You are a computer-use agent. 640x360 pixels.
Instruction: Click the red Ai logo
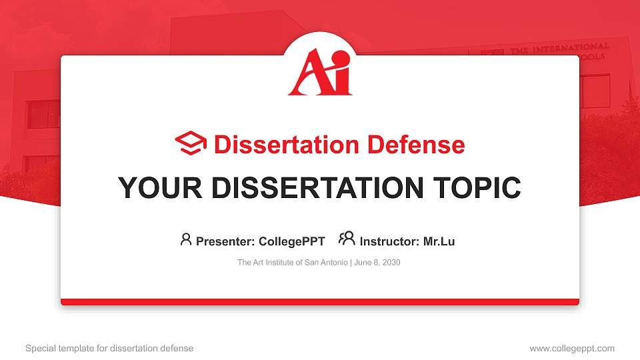click(x=320, y=72)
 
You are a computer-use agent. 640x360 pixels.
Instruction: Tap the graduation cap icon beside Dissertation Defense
click(x=191, y=143)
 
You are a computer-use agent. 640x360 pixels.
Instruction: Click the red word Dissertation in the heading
click(x=287, y=145)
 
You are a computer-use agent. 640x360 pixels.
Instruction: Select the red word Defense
click(x=416, y=145)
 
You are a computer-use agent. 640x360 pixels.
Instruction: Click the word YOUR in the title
click(x=160, y=188)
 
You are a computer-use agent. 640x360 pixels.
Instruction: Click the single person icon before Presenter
click(x=186, y=239)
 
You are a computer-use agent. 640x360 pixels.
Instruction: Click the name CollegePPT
click(x=292, y=241)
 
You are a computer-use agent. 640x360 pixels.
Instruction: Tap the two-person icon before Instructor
click(x=347, y=239)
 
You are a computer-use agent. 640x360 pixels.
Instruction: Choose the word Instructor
click(x=389, y=241)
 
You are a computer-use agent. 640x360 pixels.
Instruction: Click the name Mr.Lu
click(x=439, y=241)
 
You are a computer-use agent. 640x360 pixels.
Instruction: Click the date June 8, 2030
click(x=377, y=263)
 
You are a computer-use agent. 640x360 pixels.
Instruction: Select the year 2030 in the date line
click(x=391, y=263)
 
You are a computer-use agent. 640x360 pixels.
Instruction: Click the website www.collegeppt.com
click(x=572, y=349)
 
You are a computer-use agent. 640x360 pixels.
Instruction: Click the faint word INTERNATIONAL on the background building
click(x=571, y=49)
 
